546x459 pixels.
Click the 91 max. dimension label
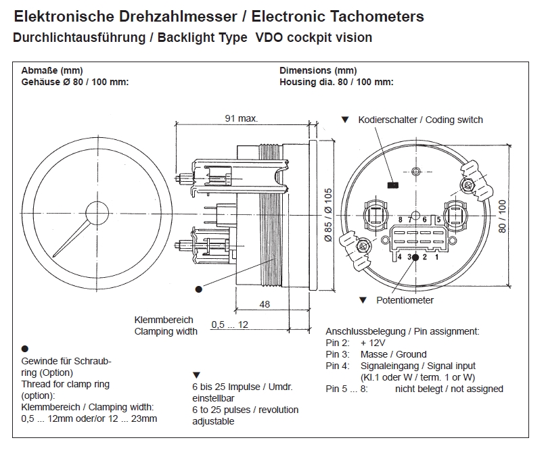(x=242, y=118)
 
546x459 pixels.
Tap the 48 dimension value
(x=265, y=304)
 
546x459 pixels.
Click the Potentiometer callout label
(x=405, y=300)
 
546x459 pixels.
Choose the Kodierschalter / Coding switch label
(x=420, y=120)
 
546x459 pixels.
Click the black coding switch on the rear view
(x=392, y=184)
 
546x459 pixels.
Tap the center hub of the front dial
(x=96, y=212)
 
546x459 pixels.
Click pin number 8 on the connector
(x=401, y=219)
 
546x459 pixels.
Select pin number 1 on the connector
(x=437, y=257)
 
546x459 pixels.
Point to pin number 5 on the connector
(x=438, y=219)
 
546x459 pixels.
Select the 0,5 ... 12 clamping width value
(x=229, y=324)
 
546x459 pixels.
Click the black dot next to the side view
(x=198, y=289)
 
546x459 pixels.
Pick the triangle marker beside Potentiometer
(x=363, y=299)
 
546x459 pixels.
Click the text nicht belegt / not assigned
(x=449, y=389)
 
